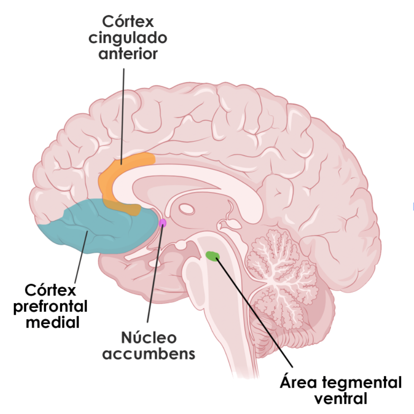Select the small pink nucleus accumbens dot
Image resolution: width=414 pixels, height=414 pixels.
point(162,223)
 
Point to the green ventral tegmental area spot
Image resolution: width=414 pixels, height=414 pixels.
point(212,256)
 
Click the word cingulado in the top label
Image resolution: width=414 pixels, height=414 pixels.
point(127,38)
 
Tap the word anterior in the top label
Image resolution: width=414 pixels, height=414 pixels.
point(128,54)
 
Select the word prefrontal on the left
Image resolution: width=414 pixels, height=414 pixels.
point(51,307)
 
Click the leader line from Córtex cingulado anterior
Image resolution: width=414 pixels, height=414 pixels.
point(122,112)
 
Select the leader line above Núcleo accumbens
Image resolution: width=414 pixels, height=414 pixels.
point(154,277)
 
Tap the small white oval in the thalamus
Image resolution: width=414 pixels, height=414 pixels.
point(186,208)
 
